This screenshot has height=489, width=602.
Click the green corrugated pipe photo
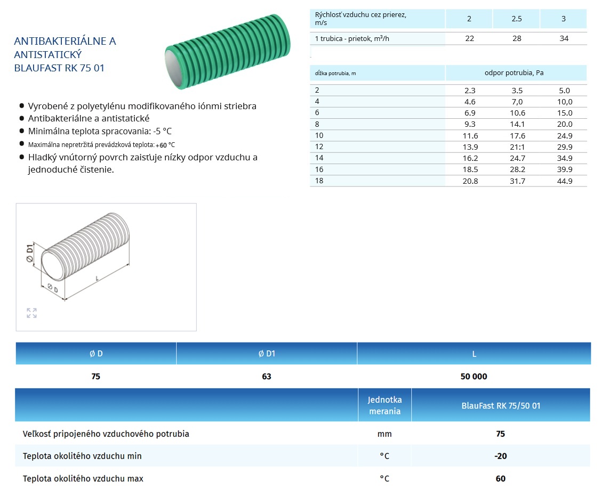[x=228, y=51]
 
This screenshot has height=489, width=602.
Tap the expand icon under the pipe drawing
[x=32, y=313]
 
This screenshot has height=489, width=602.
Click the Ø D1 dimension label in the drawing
[x=29, y=253]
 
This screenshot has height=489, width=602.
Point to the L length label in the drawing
[x=97, y=278]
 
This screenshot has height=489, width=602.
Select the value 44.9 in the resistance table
[x=565, y=181]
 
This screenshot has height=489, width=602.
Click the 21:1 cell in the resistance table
[x=517, y=147]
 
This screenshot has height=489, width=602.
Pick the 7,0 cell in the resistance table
[x=517, y=102]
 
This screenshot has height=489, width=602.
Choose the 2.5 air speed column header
[x=517, y=19]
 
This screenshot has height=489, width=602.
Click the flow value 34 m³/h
[x=564, y=38]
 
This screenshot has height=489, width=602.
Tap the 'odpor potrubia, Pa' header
[x=514, y=73]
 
